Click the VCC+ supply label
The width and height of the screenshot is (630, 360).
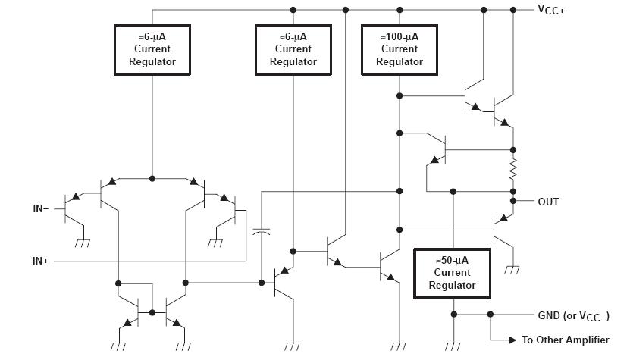click(551, 10)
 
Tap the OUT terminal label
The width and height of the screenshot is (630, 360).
click(548, 202)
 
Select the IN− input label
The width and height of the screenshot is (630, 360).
click(41, 208)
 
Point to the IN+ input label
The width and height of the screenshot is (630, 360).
click(40, 261)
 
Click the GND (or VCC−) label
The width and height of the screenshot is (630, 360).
click(573, 316)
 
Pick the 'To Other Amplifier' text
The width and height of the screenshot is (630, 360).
click(566, 340)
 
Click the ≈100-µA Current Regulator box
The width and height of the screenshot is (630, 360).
click(400, 50)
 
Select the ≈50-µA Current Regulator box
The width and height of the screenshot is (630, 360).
click(452, 273)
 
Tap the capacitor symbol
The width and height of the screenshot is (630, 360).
click(261, 232)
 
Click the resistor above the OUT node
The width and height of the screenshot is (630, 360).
click(513, 170)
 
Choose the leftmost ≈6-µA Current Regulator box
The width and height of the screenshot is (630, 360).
click(152, 50)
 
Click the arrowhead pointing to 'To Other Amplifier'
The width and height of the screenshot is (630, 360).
click(512, 340)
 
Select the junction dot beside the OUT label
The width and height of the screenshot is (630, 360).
click(513, 201)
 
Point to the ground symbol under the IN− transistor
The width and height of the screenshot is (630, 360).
click(83, 243)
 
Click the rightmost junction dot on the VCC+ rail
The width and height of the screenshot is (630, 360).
click(513, 10)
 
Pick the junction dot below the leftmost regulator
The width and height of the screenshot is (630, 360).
click(152, 178)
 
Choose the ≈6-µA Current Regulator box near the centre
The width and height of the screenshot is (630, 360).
click(293, 50)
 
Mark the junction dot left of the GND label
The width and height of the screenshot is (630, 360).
click(491, 315)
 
